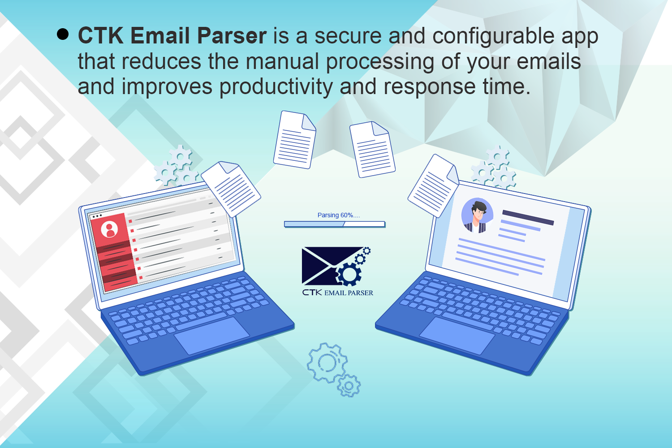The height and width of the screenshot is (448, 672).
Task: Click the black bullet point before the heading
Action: click(x=63, y=34)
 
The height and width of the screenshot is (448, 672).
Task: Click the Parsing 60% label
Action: click(x=338, y=215)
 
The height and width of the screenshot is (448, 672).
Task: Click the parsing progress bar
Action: click(x=334, y=224)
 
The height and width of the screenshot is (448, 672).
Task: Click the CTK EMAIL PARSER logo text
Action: click(x=337, y=293)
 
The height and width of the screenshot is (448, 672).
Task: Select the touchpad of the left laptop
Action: click(x=211, y=335)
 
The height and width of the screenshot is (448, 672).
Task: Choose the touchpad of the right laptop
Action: click(x=457, y=335)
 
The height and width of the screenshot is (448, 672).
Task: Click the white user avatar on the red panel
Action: click(x=109, y=229)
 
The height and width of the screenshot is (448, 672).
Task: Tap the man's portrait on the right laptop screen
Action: click(x=477, y=216)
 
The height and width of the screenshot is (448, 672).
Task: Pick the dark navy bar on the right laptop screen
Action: click(x=528, y=217)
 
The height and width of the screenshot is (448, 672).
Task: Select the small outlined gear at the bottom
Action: click(x=349, y=385)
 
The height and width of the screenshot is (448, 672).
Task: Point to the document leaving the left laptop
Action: click(x=231, y=189)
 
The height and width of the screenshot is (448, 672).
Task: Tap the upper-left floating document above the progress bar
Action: click(x=294, y=140)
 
